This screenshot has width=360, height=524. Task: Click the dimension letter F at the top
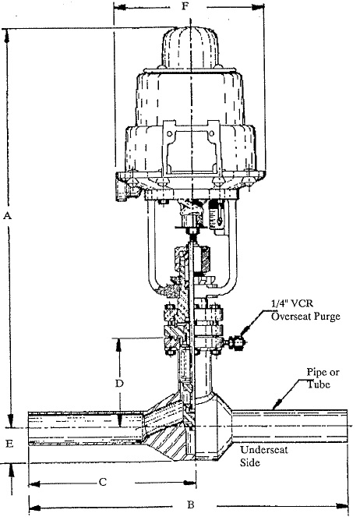tap(185, 5)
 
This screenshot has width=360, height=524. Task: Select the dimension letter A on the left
tap(7, 216)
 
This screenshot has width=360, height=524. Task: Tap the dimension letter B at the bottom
tap(191, 505)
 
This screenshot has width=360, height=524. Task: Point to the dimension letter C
tap(103, 482)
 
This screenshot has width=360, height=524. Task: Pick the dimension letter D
tap(119, 384)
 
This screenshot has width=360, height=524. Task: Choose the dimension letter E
tap(9, 444)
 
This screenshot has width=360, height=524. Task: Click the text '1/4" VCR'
tap(292, 303)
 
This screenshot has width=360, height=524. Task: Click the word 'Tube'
tap(319, 384)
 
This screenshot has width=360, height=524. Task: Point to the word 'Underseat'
tap(264, 449)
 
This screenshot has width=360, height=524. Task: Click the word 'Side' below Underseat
tap(250, 462)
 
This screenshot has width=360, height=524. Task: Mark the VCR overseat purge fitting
tap(235, 343)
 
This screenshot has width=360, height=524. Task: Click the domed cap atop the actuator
tap(190, 48)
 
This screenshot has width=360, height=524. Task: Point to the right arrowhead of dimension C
tap(190, 482)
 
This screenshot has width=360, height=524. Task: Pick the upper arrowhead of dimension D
tap(118, 345)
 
